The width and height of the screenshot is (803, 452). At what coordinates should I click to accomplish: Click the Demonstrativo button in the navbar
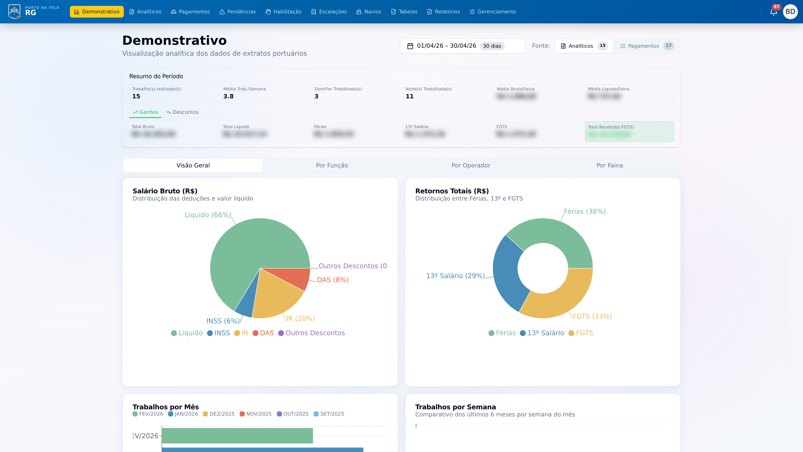click(x=97, y=12)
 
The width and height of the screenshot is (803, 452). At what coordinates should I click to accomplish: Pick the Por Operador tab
click(x=471, y=165)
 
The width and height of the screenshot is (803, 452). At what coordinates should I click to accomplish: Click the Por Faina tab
click(x=609, y=165)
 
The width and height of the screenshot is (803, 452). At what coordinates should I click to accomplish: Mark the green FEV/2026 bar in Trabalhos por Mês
click(x=237, y=435)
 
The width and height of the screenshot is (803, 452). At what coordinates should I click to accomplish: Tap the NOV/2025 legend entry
click(x=256, y=414)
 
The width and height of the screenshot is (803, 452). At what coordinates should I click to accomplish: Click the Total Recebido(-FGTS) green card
click(x=629, y=131)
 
